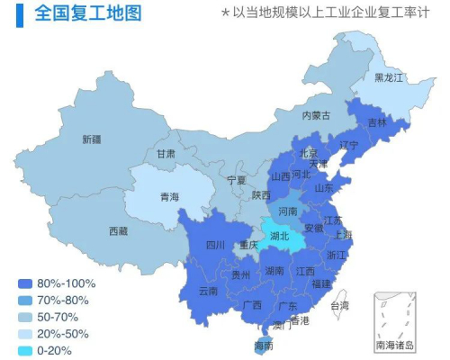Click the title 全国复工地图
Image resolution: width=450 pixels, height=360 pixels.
coord(87,13)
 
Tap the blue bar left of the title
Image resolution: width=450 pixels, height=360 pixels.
coord(19,13)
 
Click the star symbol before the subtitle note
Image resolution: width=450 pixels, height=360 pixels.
coord(225,14)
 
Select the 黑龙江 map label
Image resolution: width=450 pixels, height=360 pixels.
coord(390,77)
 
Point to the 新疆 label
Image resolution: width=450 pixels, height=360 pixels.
coord(91,139)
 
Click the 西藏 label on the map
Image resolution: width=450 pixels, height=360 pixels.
coord(118,231)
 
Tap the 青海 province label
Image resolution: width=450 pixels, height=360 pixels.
coord(169,197)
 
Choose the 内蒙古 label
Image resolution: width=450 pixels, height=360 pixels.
coord(316,115)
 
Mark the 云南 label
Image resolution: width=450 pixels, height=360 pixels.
coord(208,292)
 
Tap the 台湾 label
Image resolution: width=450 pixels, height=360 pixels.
coord(339,306)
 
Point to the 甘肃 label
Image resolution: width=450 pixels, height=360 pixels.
coord(166,154)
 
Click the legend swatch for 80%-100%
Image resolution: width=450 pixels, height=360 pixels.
coord(24,283)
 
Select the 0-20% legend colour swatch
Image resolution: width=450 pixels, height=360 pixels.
coord(24,351)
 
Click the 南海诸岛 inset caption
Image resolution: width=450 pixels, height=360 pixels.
coord(395,346)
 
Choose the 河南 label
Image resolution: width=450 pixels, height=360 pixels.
coord(287,211)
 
